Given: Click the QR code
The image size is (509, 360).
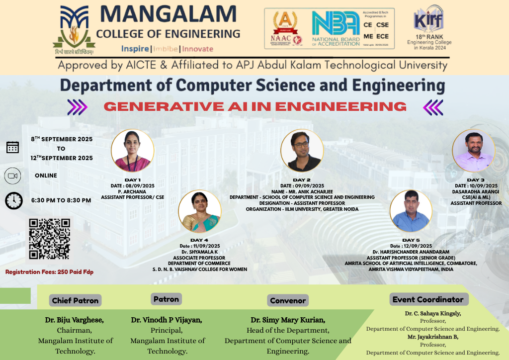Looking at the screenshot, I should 49,239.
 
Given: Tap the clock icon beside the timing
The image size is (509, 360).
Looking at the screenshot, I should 13,200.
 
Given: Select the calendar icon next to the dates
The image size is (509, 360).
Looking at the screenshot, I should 12,147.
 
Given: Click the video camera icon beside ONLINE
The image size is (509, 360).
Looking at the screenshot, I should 12,176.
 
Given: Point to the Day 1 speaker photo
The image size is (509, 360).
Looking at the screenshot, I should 132,151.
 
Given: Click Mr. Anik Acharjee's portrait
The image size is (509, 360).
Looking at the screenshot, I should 302,150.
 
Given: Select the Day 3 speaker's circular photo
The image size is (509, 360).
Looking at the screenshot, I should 473,151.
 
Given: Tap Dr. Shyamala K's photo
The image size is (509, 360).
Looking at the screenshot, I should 199,211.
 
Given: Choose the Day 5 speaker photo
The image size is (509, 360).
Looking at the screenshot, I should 411,211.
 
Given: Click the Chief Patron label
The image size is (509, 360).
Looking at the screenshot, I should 76,300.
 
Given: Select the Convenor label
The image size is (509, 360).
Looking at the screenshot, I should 288,300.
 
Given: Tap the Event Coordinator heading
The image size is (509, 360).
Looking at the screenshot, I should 427,299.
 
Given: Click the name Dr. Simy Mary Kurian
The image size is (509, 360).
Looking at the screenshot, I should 288,320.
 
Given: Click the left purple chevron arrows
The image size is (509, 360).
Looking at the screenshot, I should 77,107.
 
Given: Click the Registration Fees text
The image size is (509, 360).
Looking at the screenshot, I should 49,272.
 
